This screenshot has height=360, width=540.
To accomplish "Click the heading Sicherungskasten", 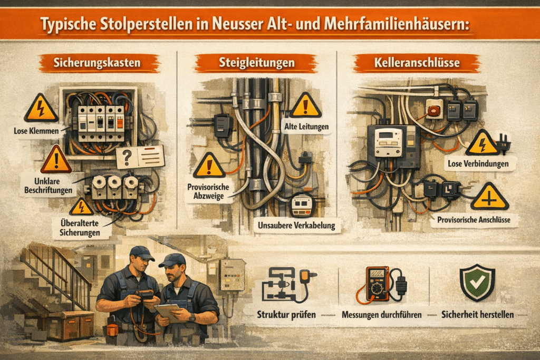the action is (97, 63).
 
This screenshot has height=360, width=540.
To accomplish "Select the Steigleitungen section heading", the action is (257, 63).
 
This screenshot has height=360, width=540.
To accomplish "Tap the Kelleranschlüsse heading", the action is (417, 63).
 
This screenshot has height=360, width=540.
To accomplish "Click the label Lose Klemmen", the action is (36, 131).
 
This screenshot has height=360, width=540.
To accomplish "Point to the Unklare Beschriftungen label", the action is (48, 186).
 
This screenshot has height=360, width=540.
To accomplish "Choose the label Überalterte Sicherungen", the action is (80, 228).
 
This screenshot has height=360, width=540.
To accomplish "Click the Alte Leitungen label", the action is (306, 127).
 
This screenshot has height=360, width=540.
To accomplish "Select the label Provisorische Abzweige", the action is (208, 191).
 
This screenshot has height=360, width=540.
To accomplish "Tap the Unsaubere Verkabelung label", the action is (296, 226).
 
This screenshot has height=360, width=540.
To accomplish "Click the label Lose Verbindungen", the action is (478, 164).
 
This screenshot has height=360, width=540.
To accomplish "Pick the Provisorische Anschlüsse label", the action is (474, 220).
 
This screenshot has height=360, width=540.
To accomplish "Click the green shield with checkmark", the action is (477, 283).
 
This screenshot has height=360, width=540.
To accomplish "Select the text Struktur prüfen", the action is (286, 315).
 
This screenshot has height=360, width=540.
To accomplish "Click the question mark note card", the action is (140, 157).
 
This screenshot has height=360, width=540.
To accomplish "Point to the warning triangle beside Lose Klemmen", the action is (41, 108).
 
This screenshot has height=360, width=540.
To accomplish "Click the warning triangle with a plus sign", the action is (489, 197).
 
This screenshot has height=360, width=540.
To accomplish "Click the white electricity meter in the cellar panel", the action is (388, 141).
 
